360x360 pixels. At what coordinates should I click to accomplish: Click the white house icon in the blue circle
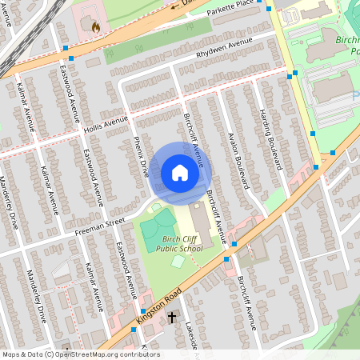pyautogui.click(x=179, y=173)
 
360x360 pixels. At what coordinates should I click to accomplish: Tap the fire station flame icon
pyautogui.click(x=96, y=27)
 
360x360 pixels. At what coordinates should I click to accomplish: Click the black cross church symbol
pyautogui.click(x=171, y=318)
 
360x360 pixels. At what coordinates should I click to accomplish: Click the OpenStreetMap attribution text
pyautogui.click(x=81, y=354)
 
